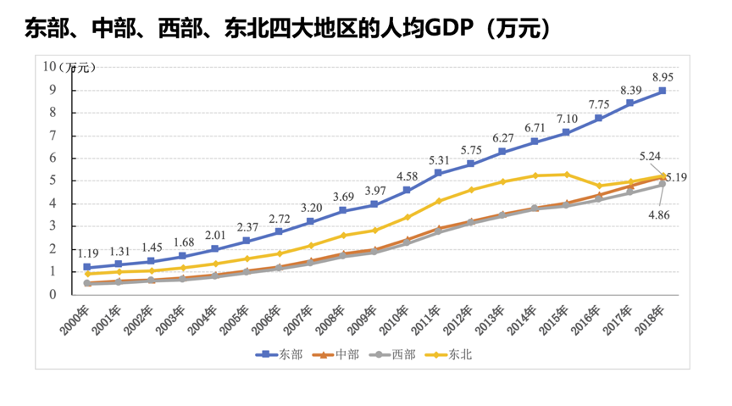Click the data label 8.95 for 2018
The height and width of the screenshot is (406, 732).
[663, 77]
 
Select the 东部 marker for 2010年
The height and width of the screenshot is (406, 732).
[407, 190]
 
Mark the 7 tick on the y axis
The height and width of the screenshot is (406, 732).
[53, 136]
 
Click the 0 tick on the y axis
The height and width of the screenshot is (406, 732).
[53, 295]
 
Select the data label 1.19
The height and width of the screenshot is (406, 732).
[87, 253]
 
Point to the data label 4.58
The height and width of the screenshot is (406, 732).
[407, 176]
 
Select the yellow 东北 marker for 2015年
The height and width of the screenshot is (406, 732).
[566, 175]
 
